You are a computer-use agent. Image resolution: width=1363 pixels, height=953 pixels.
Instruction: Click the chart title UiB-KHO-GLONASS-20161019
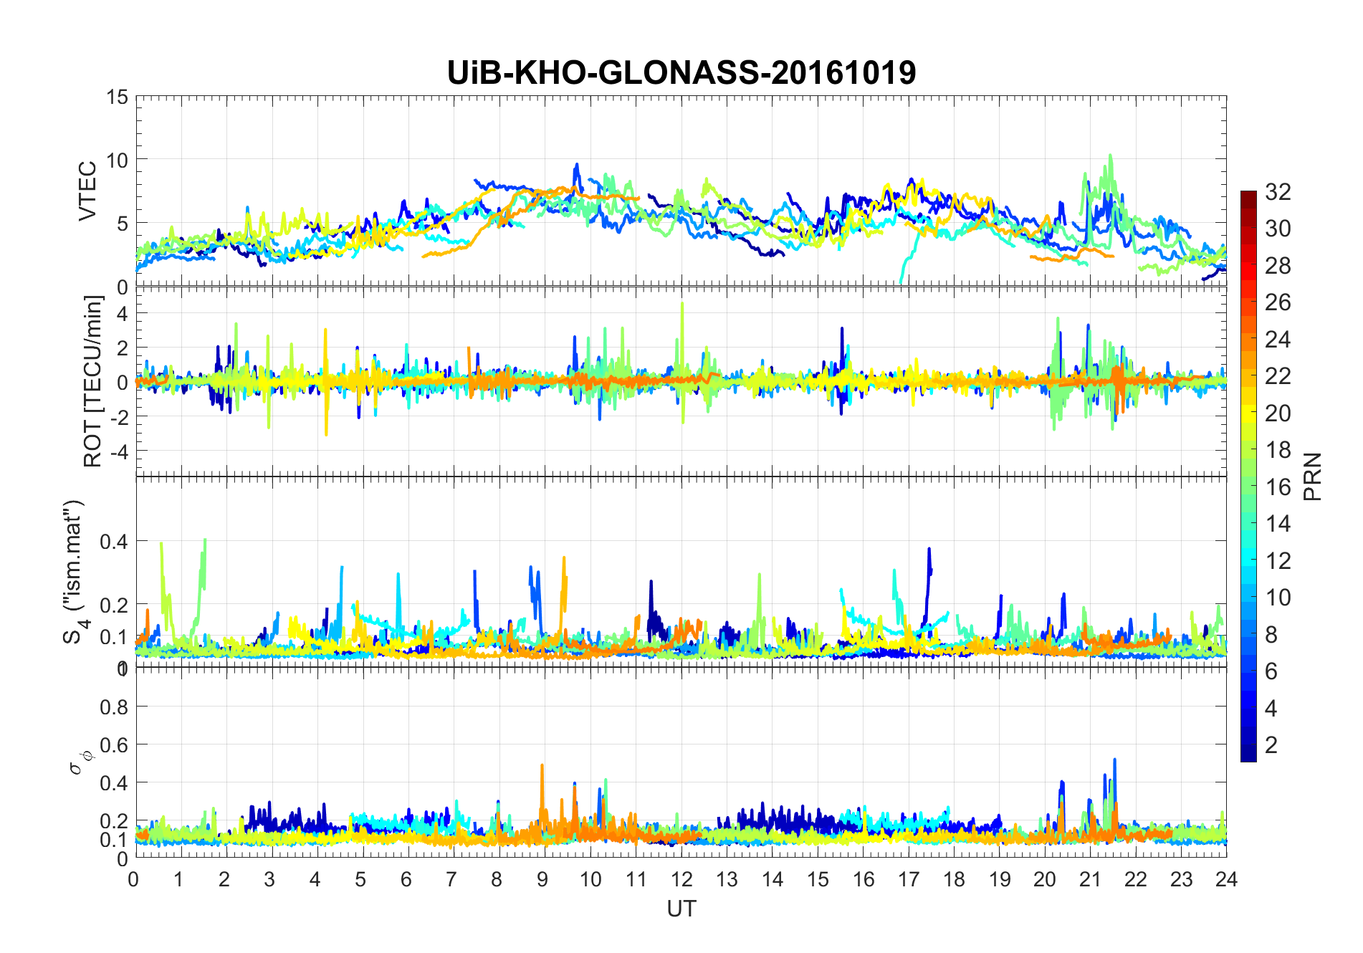(x=681, y=72)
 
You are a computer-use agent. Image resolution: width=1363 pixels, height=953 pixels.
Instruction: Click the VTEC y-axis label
(x=87, y=191)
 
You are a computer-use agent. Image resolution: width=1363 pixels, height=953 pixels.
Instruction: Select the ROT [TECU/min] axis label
(x=92, y=381)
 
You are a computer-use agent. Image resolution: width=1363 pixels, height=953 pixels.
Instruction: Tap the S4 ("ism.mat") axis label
(x=75, y=572)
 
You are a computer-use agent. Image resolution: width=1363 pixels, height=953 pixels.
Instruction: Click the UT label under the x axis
(x=681, y=909)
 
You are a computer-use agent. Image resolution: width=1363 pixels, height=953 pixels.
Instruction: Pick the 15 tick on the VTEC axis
(x=117, y=97)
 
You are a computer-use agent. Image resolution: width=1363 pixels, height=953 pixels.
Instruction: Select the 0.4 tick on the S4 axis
(x=113, y=541)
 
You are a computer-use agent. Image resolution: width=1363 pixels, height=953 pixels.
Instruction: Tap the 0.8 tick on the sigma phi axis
(x=113, y=707)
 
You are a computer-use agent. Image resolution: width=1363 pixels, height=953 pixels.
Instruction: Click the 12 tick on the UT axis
(x=681, y=879)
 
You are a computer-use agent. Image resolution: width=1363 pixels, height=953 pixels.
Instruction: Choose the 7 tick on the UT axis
(x=451, y=879)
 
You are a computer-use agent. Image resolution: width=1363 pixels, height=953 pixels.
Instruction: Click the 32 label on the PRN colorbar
(x=1278, y=191)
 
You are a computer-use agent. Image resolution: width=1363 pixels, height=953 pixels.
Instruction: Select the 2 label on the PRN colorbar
(x=1271, y=744)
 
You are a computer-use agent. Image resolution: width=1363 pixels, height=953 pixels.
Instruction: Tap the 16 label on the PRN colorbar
(x=1278, y=487)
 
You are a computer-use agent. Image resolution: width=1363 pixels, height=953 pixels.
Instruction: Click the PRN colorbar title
(x=1313, y=477)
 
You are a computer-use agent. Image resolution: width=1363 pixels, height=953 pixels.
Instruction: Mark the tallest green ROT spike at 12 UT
(x=681, y=304)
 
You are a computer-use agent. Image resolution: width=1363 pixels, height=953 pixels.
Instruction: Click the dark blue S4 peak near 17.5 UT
(x=929, y=550)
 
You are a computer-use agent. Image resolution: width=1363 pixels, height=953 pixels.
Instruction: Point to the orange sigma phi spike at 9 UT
(x=542, y=766)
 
